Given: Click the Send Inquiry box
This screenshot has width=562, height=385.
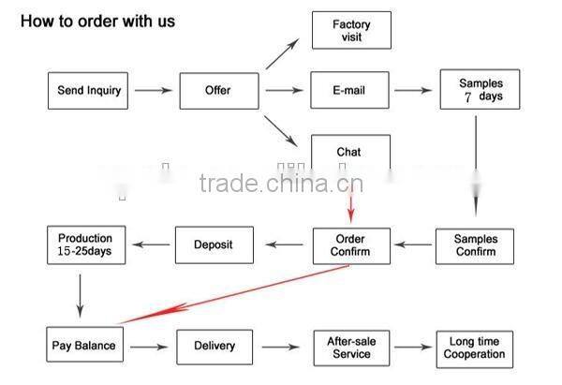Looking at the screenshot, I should (x=88, y=91).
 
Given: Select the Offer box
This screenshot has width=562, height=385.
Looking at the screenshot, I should (x=217, y=91).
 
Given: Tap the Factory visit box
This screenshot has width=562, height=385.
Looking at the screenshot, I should (x=350, y=30).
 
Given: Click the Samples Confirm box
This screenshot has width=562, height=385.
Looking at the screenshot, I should (x=475, y=245).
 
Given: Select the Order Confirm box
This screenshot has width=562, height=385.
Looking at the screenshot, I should (x=350, y=245).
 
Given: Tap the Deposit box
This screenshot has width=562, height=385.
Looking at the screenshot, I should (x=214, y=245).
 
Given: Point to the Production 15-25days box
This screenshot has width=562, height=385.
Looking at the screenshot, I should (x=85, y=245).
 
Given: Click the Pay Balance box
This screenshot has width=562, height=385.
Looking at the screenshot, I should (x=83, y=346).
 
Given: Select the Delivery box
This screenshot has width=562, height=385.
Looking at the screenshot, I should (x=214, y=346).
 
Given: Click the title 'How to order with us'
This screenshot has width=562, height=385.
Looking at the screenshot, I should (x=97, y=21).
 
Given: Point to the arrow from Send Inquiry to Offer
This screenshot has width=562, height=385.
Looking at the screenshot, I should (x=153, y=91).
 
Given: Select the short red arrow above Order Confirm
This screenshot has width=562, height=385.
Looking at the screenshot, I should (x=352, y=200).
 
